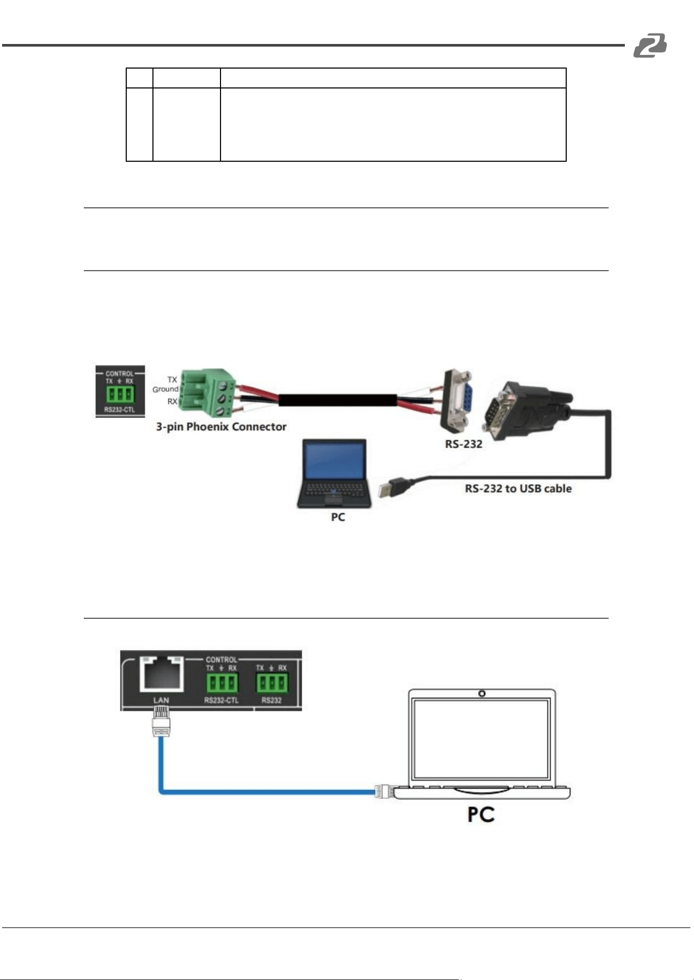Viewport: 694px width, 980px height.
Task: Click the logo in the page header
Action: point(650,45)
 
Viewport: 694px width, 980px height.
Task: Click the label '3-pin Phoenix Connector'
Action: point(221,427)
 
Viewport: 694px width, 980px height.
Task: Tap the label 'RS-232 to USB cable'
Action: point(518,488)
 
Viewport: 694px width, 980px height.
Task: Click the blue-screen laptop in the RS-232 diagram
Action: point(334,473)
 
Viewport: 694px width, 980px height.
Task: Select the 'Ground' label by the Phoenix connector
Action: point(165,389)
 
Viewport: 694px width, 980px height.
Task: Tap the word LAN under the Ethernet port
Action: point(161,700)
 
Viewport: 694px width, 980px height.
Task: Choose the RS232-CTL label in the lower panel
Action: point(221,700)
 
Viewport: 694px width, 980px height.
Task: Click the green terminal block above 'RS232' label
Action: point(271,683)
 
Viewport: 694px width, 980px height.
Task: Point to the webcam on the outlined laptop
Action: point(482,694)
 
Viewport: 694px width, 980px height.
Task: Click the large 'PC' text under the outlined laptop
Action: point(481,814)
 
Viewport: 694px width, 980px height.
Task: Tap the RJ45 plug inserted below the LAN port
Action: point(161,721)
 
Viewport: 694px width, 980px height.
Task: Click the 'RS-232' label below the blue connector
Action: point(464,444)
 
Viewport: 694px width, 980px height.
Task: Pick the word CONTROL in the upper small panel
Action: point(119,373)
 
